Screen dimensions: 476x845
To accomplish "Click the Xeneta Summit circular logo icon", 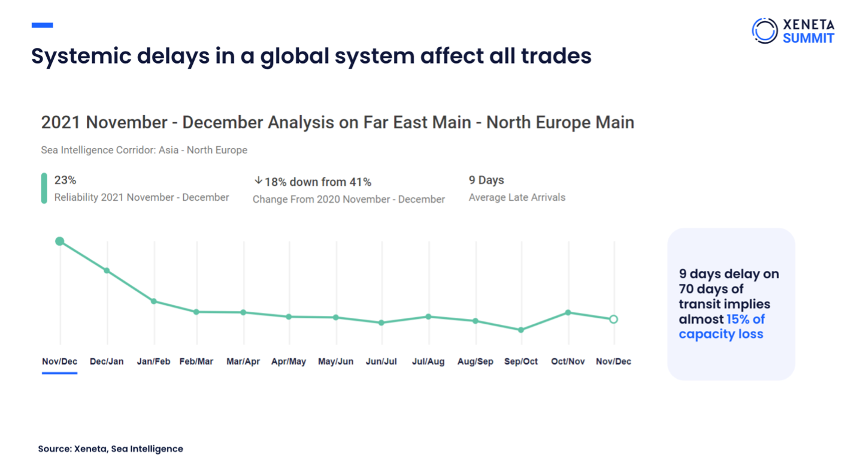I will (764, 31).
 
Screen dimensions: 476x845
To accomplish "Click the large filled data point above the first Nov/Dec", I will (60, 241).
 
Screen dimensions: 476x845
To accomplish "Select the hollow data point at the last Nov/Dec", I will (613, 320).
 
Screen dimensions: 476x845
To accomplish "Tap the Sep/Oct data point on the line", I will (521, 330).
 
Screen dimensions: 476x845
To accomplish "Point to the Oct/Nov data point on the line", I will (568, 312).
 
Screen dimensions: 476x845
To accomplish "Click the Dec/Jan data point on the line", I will (107, 270).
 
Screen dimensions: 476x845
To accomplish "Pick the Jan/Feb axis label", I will (153, 361).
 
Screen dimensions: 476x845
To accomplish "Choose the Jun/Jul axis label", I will (381, 361).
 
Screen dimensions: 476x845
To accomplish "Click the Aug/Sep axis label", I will (475, 361).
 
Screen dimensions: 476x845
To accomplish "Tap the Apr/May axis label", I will (289, 361).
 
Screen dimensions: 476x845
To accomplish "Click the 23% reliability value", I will (65, 180).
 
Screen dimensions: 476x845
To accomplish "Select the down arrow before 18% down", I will (258, 180).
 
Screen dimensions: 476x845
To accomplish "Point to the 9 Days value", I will (486, 180).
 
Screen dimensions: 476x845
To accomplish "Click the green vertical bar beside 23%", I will (44, 188).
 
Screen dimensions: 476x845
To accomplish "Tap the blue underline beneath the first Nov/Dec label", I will (60, 373).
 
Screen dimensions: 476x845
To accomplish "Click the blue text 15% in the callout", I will (740, 319).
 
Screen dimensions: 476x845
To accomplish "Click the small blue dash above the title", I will (42, 25).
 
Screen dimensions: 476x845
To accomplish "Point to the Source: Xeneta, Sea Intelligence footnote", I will (111, 448).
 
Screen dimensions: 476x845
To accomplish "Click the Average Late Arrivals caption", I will (517, 197).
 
